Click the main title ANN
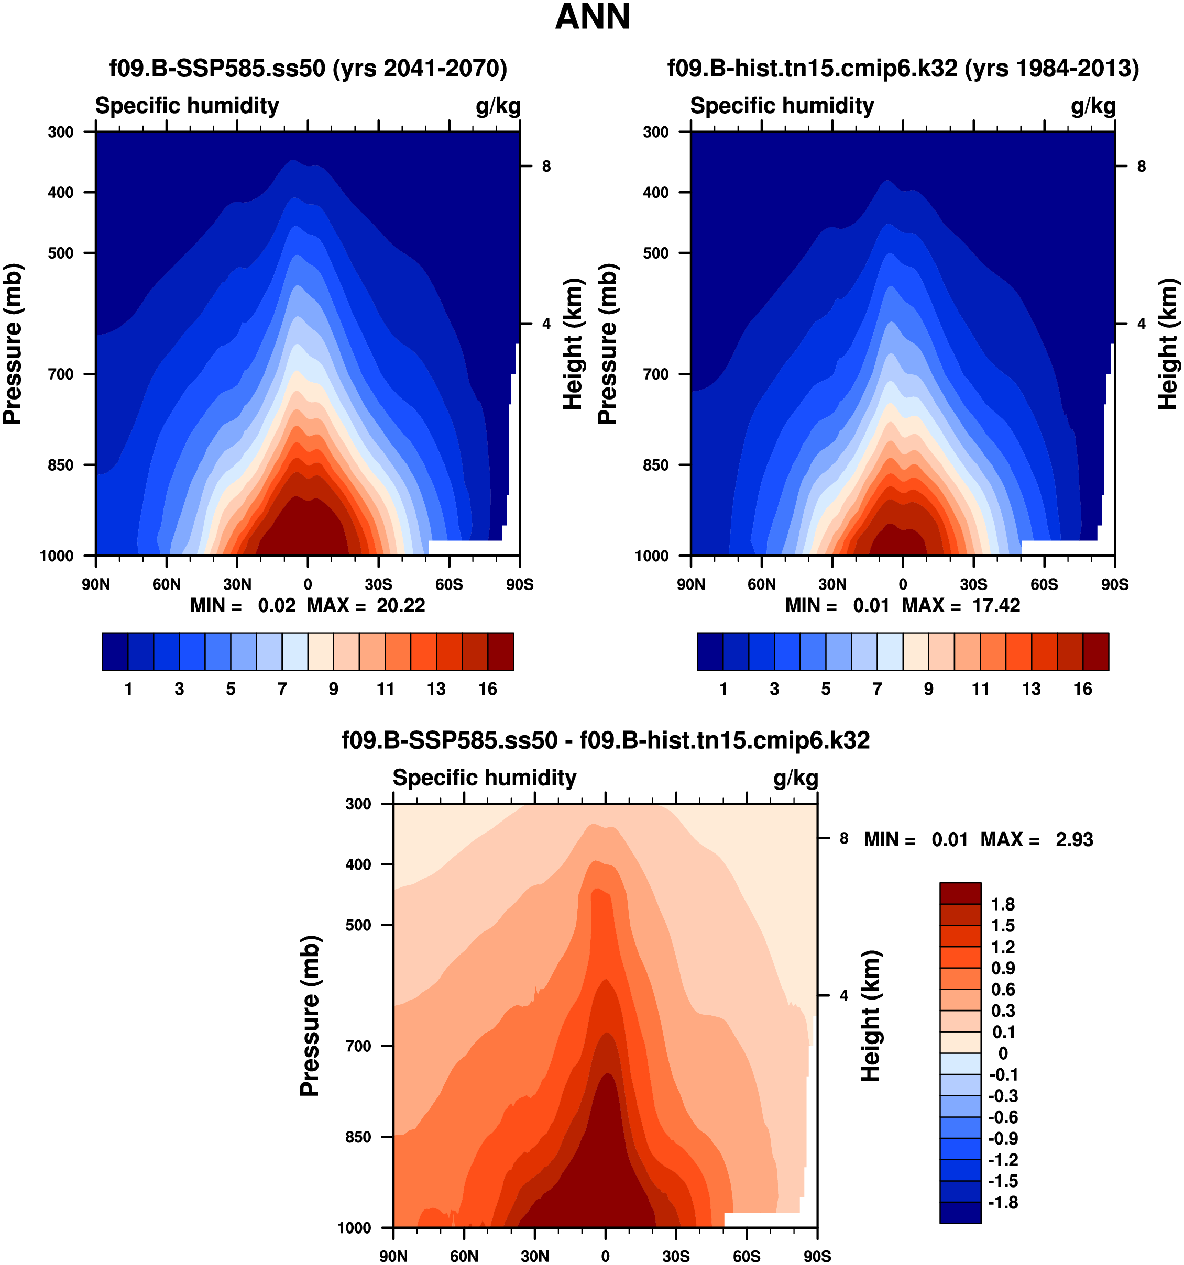point(592,17)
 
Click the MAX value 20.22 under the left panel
point(400,605)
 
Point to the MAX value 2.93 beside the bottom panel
point(1074,839)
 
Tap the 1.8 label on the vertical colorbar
point(1003,904)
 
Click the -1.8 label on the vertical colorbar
point(1003,1202)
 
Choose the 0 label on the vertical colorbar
point(1003,1053)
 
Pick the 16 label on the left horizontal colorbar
point(488,689)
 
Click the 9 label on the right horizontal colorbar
point(929,689)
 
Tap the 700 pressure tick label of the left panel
point(61,374)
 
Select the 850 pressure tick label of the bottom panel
point(358,1137)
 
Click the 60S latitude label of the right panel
point(1044,584)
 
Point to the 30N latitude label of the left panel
point(237,584)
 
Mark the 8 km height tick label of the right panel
point(1142,166)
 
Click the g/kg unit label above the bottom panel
point(796,778)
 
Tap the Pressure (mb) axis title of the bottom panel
point(310,1016)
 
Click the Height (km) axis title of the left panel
point(573,343)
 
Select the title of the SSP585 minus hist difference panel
point(606,741)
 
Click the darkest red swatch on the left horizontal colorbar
point(500,651)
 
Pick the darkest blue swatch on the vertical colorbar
point(960,1212)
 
